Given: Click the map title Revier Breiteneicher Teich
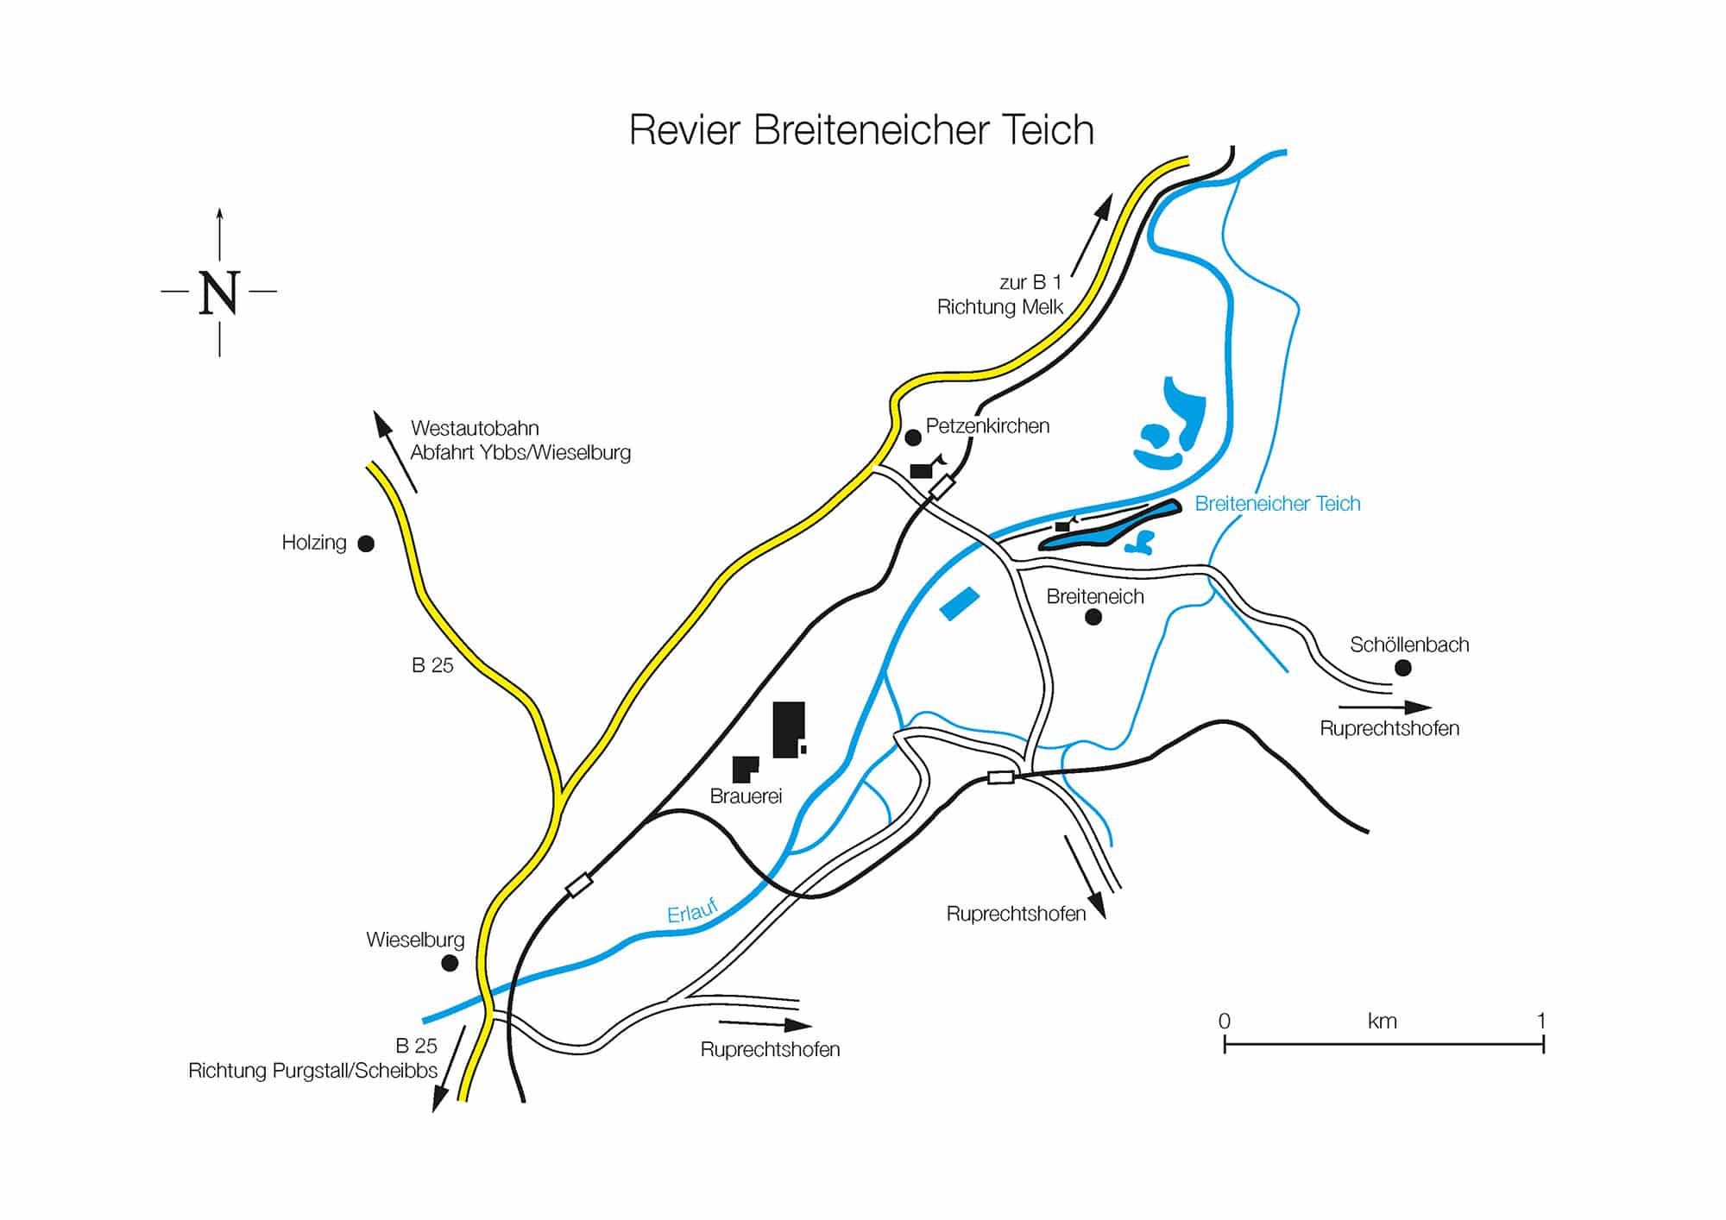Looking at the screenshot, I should coord(861,130).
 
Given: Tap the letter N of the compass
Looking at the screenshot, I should coord(219,293).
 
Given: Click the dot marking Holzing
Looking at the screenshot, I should coord(366,544).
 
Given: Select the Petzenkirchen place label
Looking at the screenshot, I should coord(987,426).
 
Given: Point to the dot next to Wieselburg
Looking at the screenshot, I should coord(450,963).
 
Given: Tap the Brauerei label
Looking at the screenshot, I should coord(746,796).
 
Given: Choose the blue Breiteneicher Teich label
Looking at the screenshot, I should coord(1277,504).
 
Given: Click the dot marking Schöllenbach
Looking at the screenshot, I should coord(1403,668).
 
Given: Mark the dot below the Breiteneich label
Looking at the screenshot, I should coord(1093,617).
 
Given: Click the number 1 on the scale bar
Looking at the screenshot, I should coord(1541,1021).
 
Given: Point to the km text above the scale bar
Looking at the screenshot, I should coord(1382,1022).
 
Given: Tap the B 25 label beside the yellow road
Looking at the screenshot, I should coord(432,665).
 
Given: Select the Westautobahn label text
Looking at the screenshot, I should coord(475,429).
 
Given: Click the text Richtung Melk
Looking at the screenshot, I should coord(1000,307).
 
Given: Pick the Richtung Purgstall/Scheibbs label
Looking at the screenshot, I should coord(312,1071).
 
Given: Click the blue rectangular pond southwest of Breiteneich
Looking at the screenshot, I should coord(960,603).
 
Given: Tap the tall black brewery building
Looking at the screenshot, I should coord(788,729).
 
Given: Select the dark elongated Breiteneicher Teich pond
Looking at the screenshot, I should coord(1109,525).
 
